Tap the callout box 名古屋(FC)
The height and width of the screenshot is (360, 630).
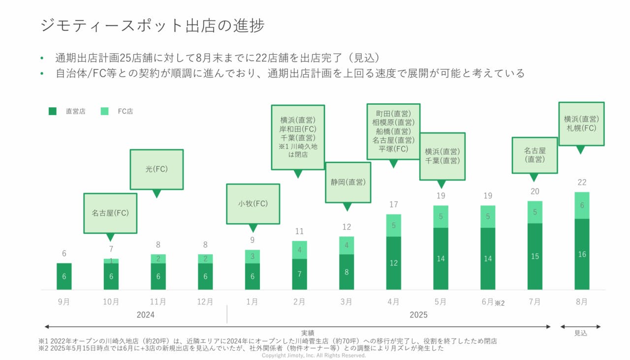110,213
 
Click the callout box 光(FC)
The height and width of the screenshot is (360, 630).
157,169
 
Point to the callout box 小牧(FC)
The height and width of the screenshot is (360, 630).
253,204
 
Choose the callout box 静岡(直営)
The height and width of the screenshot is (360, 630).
347,182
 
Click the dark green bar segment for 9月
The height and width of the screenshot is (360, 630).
64,276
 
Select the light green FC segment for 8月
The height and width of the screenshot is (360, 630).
582,206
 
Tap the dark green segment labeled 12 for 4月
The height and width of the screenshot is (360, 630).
393,263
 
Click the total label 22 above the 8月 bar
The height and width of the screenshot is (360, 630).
582,182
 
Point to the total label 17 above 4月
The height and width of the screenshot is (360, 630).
393,205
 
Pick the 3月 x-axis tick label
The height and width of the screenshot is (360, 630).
346,302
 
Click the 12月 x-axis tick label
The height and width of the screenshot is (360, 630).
205,302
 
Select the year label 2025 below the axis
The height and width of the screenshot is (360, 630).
418,315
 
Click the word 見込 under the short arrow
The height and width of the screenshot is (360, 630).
581,333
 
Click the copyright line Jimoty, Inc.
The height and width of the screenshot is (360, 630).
314,355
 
